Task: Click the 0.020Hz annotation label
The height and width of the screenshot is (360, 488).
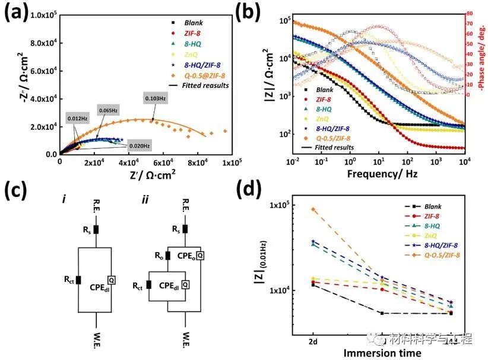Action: [x=136, y=146]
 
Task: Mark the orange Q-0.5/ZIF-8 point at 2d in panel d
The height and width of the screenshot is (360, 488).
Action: [x=313, y=209]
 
